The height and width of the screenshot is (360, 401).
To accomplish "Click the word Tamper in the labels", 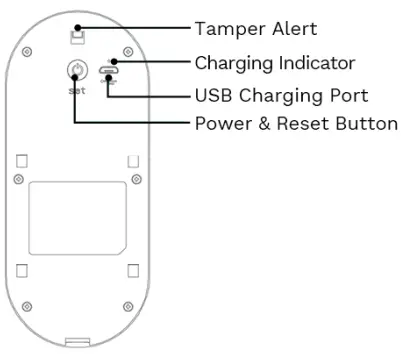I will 225,28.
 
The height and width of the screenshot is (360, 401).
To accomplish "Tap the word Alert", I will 291,28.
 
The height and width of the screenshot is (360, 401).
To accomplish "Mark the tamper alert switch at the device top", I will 77,36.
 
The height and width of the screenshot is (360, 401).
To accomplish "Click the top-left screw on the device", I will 28,51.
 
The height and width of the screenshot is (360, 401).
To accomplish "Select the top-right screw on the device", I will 125,51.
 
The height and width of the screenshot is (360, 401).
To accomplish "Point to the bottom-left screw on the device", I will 28,305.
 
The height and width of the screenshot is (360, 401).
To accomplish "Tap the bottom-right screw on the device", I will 125,305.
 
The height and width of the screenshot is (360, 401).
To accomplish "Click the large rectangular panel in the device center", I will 75,220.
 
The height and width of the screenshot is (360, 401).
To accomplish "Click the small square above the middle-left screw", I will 22,160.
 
